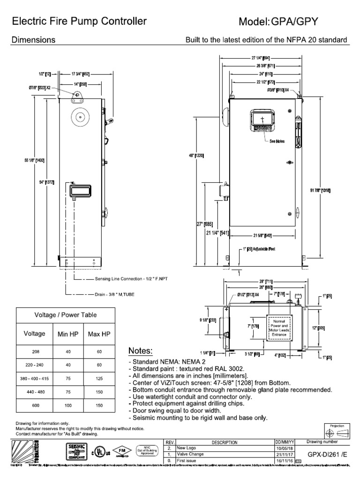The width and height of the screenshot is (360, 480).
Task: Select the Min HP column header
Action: (x=67, y=334)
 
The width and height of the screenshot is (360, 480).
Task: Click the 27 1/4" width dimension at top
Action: (x=259, y=58)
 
